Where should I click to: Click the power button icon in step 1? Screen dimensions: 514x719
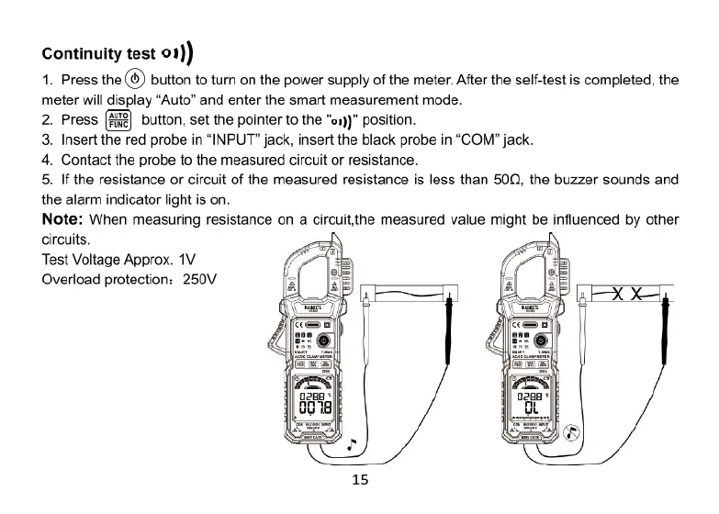134,80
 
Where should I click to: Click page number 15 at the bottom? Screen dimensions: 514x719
360,479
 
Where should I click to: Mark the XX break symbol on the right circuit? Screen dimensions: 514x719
627,295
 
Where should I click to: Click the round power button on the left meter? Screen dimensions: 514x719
323,339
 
